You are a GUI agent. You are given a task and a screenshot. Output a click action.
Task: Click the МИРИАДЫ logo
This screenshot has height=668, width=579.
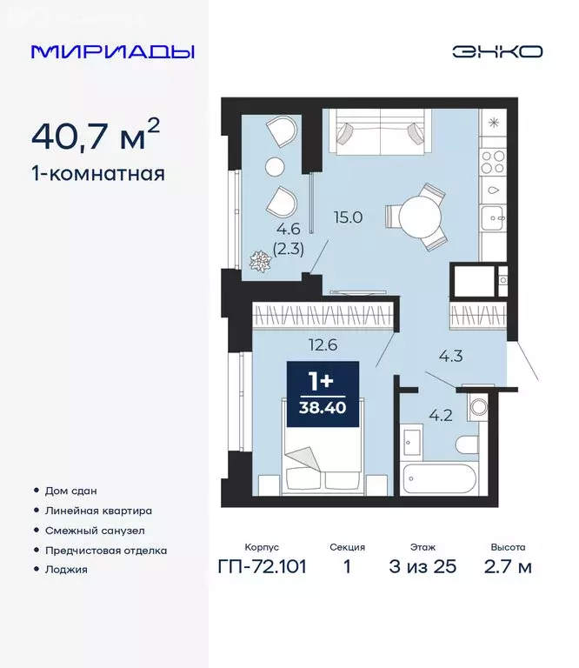tap(113, 51)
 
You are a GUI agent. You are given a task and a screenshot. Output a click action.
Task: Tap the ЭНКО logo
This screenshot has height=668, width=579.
tap(496, 51)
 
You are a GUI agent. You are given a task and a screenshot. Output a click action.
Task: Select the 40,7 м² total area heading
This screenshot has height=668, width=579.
tap(96, 136)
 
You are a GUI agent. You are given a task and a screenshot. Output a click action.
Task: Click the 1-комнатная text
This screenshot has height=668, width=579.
tap(97, 173)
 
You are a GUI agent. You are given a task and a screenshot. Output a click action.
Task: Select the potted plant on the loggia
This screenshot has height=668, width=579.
tap(261, 260)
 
